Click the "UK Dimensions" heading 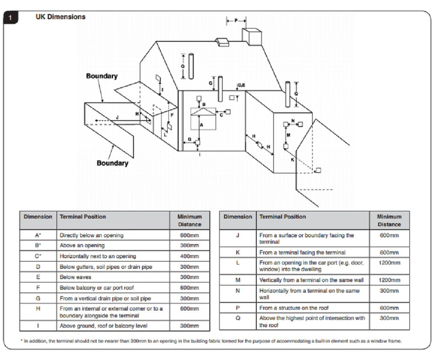click(x=60, y=17)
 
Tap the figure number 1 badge click(x=11, y=17)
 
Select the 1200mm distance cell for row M click(x=389, y=280)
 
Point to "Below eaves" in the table click(x=75, y=277)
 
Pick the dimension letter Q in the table click(x=238, y=318)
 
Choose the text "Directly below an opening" click(x=91, y=236)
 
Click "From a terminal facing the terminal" click(x=302, y=253)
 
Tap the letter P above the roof click(x=236, y=20)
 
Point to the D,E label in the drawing click(x=241, y=86)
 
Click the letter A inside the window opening click(x=201, y=124)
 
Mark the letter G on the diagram click(x=189, y=139)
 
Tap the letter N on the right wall click(x=293, y=121)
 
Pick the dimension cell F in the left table click(x=38, y=288)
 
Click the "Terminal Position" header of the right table click(x=282, y=217)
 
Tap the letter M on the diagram click(x=288, y=135)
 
